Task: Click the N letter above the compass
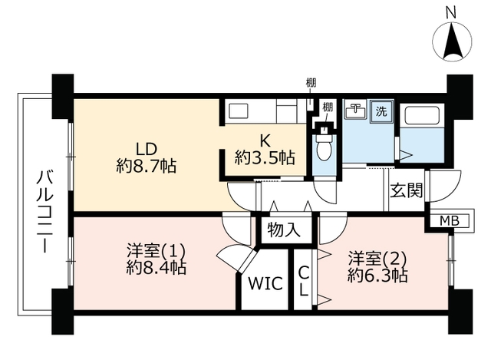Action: tap(451, 14)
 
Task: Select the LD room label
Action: tap(147, 149)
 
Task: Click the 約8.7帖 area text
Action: tap(147, 166)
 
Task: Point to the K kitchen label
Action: tap(265, 140)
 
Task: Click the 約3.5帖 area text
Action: tap(265, 157)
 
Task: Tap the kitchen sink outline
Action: tap(239, 111)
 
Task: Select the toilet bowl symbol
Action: tap(325, 148)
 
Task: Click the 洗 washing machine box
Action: tap(381, 111)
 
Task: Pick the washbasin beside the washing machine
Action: tap(356, 109)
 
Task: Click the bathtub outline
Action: tap(423, 116)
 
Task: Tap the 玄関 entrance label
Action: tap(407, 190)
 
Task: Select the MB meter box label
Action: tap(450, 221)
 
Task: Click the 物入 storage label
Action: tap(284, 230)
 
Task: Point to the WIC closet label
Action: tap(265, 283)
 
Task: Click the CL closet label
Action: tap(303, 281)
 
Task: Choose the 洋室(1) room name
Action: tap(156, 251)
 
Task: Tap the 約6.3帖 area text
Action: tap(377, 276)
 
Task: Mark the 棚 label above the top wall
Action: tap(311, 83)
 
